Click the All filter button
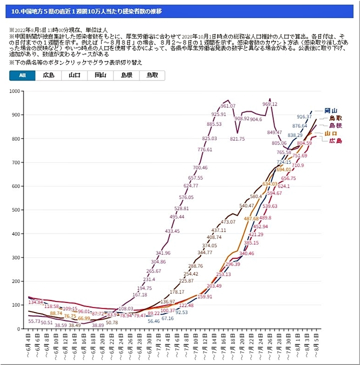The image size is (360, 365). (x=22, y=75)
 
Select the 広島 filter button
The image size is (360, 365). (x=48, y=75)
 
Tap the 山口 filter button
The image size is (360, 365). (x=74, y=75)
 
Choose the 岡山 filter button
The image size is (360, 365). (x=100, y=75)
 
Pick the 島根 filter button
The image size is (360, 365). (x=126, y=75)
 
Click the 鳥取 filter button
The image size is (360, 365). (x=152, y=75)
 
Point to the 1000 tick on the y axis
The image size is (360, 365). (x=15, y=91)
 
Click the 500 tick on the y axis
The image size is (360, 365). (x=16, y=210)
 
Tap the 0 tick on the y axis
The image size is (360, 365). (x=20, y=328)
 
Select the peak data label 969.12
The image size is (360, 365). (x=269, y=104)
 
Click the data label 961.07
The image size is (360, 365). (x=228, y=106)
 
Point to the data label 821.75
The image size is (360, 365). (x=237, y=139)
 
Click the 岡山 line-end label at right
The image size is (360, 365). (x=330, y=110)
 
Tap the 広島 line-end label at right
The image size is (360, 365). (x=335, y=141)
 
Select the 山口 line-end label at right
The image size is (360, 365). (x=330, y=133)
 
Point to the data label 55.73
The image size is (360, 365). (x=34, y=321)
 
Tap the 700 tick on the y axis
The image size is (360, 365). (x=16, y=162)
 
